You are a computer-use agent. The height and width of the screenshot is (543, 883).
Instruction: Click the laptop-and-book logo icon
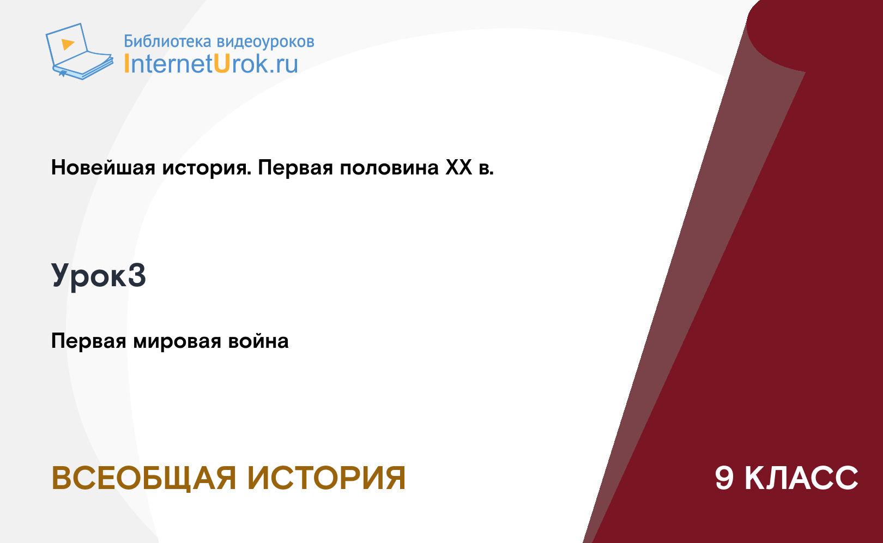point(80,51)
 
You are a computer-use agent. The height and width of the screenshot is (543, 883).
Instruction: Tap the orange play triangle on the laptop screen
point(68,44)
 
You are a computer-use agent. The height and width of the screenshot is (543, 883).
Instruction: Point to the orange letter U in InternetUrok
point(222,63)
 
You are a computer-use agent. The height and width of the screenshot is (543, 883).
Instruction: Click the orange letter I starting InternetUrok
point(126,63)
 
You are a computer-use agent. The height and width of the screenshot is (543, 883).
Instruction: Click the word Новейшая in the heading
point(103,167)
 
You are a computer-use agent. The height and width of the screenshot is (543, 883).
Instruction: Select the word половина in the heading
point(390,168)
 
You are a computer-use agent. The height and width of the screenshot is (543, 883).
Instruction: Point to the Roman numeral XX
point(459,167)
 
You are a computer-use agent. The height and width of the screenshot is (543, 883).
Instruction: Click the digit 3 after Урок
point(137,275)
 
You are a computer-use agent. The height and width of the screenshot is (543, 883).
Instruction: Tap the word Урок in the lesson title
point(89,276)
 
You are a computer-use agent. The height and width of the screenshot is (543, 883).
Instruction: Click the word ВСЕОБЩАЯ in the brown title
point(144,479)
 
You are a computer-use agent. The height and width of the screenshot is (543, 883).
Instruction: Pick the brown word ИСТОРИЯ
point(326,478)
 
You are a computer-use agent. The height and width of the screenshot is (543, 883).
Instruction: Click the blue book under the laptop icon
point(83,67)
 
